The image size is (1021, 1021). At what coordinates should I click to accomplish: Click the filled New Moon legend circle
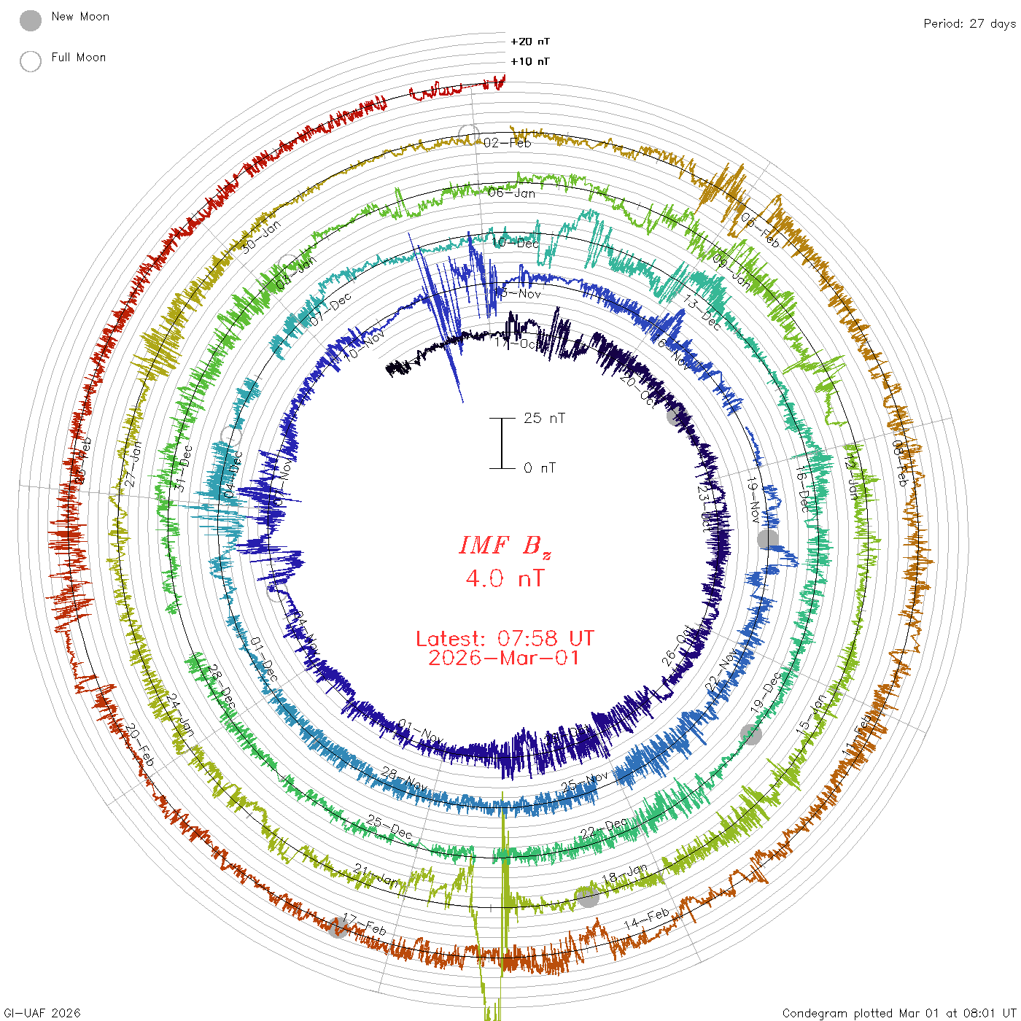point(31,21)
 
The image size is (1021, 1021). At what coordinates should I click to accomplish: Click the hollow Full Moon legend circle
point(31,61)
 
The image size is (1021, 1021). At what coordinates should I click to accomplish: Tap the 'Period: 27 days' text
point(969,23)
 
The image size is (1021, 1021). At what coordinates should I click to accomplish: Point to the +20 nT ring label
point(530,42)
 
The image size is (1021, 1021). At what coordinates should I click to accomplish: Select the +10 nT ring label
point(530,61)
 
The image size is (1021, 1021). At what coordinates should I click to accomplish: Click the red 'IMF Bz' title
point(505,546)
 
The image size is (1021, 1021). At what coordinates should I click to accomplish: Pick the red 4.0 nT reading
point(505,578)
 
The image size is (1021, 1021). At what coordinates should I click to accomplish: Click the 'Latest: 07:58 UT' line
point(505,639)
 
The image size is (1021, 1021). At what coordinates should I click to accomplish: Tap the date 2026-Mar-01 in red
point(505,658)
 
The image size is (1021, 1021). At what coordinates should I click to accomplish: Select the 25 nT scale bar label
point(544,418)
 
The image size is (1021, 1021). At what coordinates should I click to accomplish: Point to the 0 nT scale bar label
point(540,467)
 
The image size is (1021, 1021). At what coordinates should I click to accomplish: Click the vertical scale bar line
point(502,443)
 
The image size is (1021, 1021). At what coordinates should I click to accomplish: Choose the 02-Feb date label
point(508,143)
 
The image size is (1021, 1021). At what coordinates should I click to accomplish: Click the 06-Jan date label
point(512,193)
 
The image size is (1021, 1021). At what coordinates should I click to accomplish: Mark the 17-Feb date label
point(365,924)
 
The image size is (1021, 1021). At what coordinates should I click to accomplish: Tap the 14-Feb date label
point(646,919)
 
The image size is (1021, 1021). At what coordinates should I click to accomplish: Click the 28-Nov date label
point(405,778)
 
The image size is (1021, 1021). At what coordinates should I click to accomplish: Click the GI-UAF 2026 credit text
point(41,1013)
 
